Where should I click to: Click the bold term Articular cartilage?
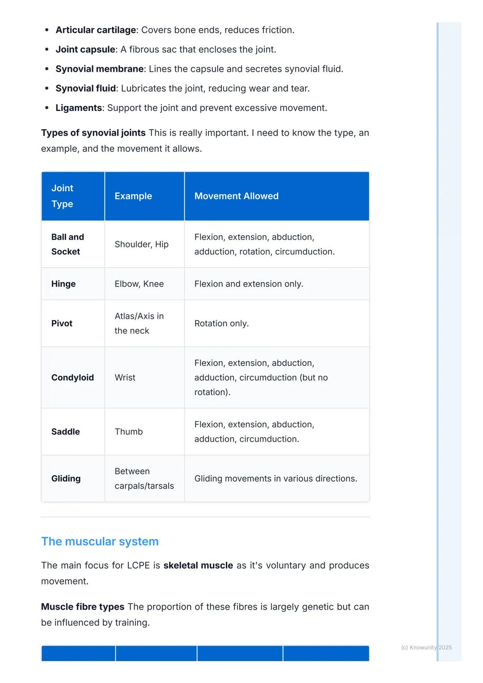click(95, 30)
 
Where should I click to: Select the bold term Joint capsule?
click(85, 50)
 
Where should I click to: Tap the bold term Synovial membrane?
click(99, 69)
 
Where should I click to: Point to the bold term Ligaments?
click(79, 108)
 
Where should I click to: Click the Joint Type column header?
click(62, 196)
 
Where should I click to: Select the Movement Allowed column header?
click(236, 196)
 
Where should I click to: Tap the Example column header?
click(133, 196)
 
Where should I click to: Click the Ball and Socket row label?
click(68, 244)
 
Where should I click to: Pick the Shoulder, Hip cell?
click(141, 244)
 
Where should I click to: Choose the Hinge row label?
click(64, 284)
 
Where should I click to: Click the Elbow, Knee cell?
click(139, 284)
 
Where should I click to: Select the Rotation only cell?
click(221, 323)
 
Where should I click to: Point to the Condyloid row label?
click(72, 377)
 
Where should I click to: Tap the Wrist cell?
click(125, 377)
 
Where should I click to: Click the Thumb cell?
click(128, 431)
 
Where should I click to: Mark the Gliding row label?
click(66, 478)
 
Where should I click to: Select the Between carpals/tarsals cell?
click(144, 478)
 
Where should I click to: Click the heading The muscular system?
click(100, 541)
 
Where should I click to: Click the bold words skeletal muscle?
click(198, 565)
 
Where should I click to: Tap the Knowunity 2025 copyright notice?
click(426, 647)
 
